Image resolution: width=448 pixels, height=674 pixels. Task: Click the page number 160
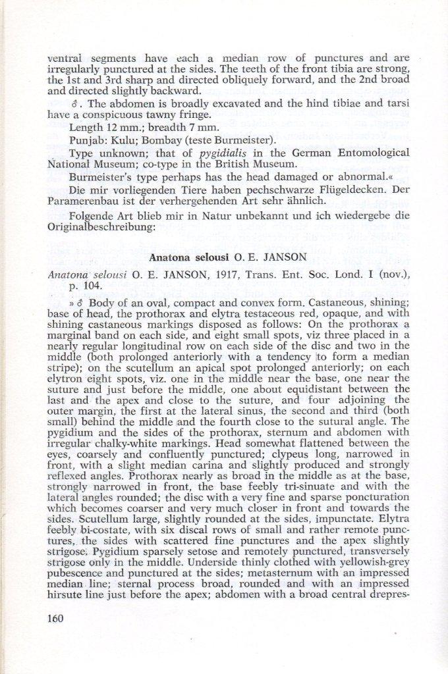tap(58, 617)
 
